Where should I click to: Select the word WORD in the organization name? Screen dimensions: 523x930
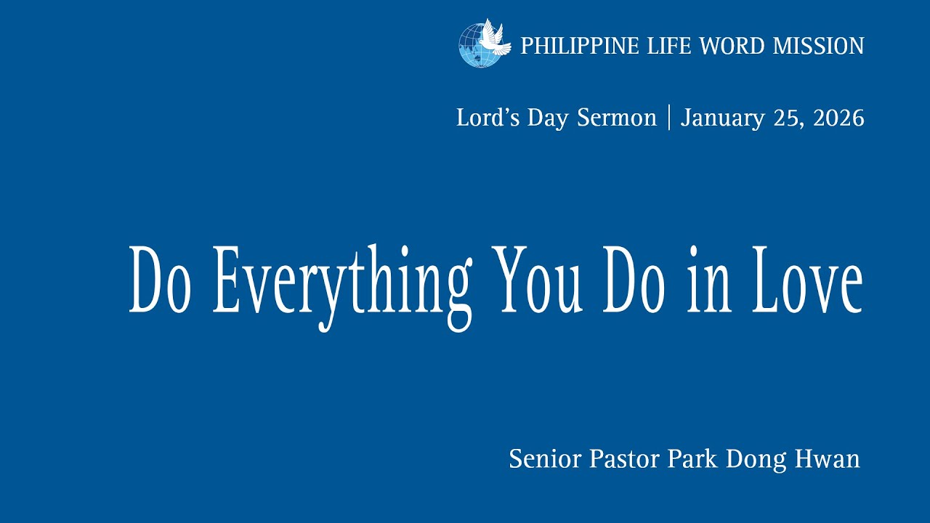point(732,46)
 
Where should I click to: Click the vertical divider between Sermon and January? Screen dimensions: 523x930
point(668,117)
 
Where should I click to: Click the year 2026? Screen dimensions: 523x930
point(838,118)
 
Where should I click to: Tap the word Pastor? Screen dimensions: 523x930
point(623,459)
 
